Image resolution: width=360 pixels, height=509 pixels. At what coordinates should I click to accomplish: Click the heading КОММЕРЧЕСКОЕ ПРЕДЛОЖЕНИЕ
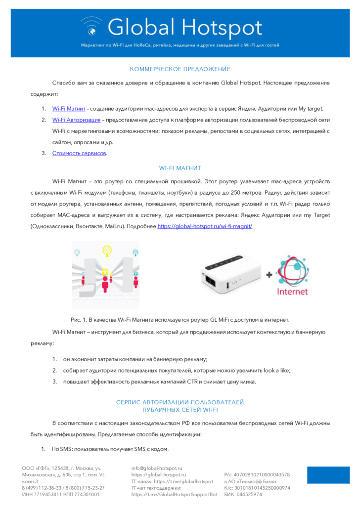click(180, 69)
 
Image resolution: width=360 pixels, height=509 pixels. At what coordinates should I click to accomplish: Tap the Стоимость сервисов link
click(79, 153)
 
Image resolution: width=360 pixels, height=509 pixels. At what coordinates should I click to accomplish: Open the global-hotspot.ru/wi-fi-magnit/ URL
click(205, 226)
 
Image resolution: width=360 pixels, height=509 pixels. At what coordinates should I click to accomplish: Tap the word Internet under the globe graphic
click(292, 292)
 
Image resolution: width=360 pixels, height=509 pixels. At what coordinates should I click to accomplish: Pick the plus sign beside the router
click(269, 274)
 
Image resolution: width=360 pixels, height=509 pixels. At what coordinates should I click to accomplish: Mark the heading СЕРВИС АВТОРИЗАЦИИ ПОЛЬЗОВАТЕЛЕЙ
click(180, 402)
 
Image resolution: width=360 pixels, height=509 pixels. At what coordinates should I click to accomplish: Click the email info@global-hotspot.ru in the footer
click(157, 468)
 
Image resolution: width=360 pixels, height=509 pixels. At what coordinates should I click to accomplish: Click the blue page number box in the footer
click(328, 475)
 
